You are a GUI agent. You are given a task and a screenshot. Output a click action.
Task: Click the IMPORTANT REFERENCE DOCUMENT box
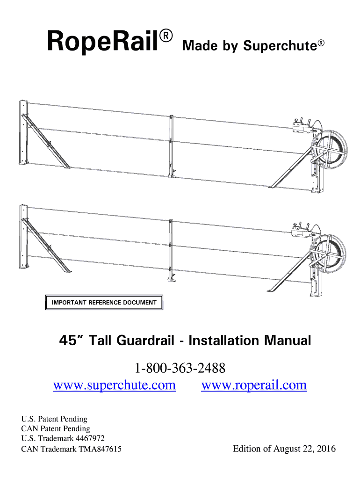pyautogui.click(x=104, y=303)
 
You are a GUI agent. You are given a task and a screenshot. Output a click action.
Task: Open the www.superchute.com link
pyautogui.click(x=115, y=385)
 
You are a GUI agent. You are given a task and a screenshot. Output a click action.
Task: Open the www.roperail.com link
pyautogui.click(x=254, y=385)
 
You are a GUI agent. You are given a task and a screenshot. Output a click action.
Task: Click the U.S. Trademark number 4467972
pyautogui.click(x=88, y=438)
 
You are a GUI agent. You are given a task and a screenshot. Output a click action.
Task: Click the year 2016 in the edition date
pyautogui.click(x=325, y=449)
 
